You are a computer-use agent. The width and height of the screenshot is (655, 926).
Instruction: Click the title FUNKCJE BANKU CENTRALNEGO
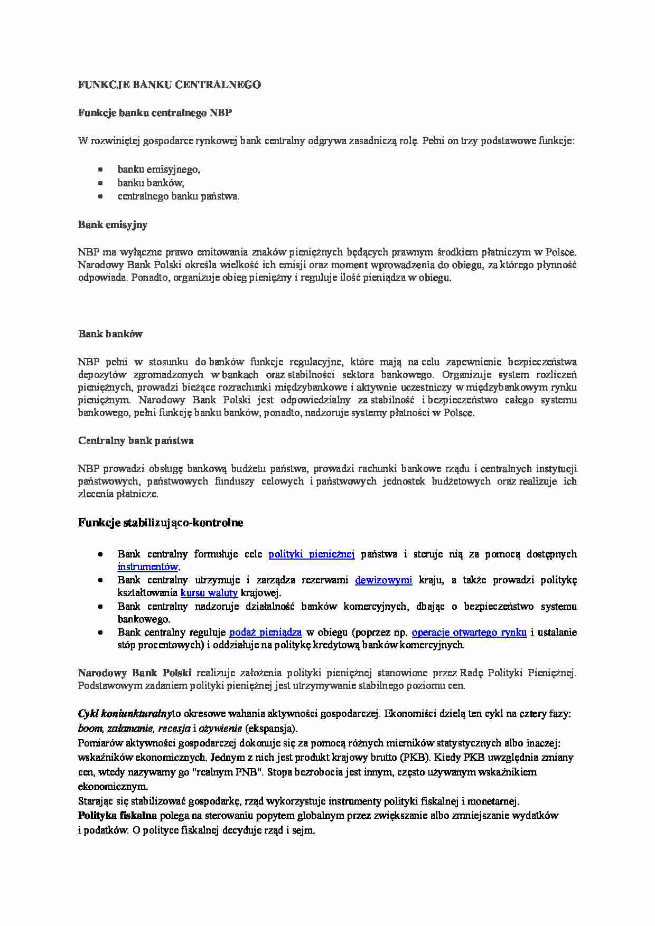[169, 84]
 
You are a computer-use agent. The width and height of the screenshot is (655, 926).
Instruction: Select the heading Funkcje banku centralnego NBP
[155, 112]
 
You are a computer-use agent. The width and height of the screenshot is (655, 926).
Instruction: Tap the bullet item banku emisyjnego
[158, 169]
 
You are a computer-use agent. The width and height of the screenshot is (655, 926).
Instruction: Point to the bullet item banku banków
[151, 183]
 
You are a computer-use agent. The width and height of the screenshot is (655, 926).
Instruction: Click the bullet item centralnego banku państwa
[178, 196]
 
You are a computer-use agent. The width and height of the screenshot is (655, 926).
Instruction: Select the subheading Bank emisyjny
[113, 224]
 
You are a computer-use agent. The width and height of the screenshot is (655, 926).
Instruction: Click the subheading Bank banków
[110, 334]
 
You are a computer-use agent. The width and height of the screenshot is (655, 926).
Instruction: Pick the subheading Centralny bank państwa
[136, 440]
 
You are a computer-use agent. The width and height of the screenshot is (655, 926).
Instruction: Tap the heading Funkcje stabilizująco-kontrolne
[161, 523]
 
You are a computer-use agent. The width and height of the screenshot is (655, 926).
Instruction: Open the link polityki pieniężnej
[311, 554]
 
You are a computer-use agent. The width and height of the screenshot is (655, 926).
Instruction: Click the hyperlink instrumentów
[147, 567]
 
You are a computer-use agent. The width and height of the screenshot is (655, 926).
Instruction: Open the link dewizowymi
[383, 580]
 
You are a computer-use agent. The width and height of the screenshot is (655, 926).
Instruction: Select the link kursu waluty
[209, 593]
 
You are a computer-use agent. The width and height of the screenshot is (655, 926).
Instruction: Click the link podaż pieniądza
[265, 632]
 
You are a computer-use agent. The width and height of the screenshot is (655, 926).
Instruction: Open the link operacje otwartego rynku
[469, 632]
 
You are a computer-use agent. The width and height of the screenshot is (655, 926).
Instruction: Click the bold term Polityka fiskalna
[117, 815]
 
